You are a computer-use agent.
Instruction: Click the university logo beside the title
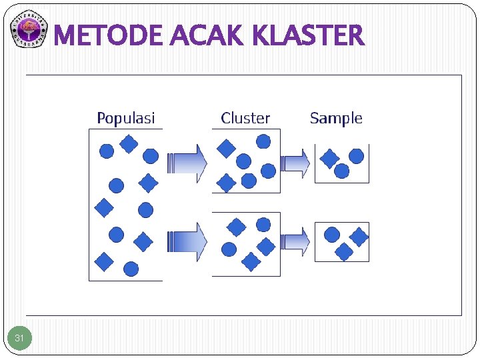(x=29, y=30)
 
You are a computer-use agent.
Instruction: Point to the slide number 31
(x=19, y=339)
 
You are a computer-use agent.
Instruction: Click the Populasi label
(x=125, y=119)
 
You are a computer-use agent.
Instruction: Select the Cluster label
(x=245, y=119)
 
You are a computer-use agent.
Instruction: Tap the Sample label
(x=336, y=119)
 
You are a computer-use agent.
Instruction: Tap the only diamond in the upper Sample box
(x=329, y=158)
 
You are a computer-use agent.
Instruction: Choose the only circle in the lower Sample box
(x=331, y=235)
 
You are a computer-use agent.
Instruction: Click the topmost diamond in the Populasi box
(x=129, y=143)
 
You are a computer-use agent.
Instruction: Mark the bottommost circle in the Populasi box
(x=131, y=269)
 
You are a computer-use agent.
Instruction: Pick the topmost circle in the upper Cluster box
(x=263, y=141)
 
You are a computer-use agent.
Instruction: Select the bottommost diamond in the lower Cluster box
(x=251, y=262)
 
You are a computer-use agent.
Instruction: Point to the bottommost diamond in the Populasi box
(x=104, y=262)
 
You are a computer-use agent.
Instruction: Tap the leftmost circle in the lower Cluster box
(x=229, y=249)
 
